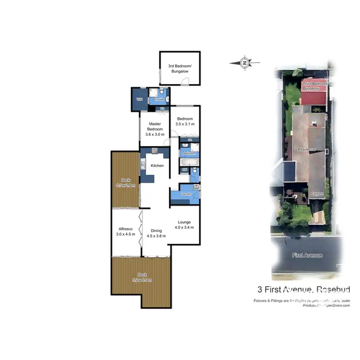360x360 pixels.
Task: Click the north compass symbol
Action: (245, 62)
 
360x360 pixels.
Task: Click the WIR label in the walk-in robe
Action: (140, 99)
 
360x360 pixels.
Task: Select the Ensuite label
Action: (159, 99)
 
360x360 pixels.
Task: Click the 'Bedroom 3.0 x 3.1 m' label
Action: (185, 121)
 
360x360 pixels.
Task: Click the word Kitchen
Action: (157, 166)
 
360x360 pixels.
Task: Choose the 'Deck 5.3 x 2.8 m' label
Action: (125, 182)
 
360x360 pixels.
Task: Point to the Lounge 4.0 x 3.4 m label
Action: (184, 225)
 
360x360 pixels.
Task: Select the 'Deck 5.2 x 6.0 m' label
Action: (141, 277)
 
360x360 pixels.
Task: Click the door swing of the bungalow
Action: (184, 84)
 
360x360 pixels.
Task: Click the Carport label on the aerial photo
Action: (316, 194)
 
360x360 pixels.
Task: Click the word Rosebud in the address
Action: (333, 289)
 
